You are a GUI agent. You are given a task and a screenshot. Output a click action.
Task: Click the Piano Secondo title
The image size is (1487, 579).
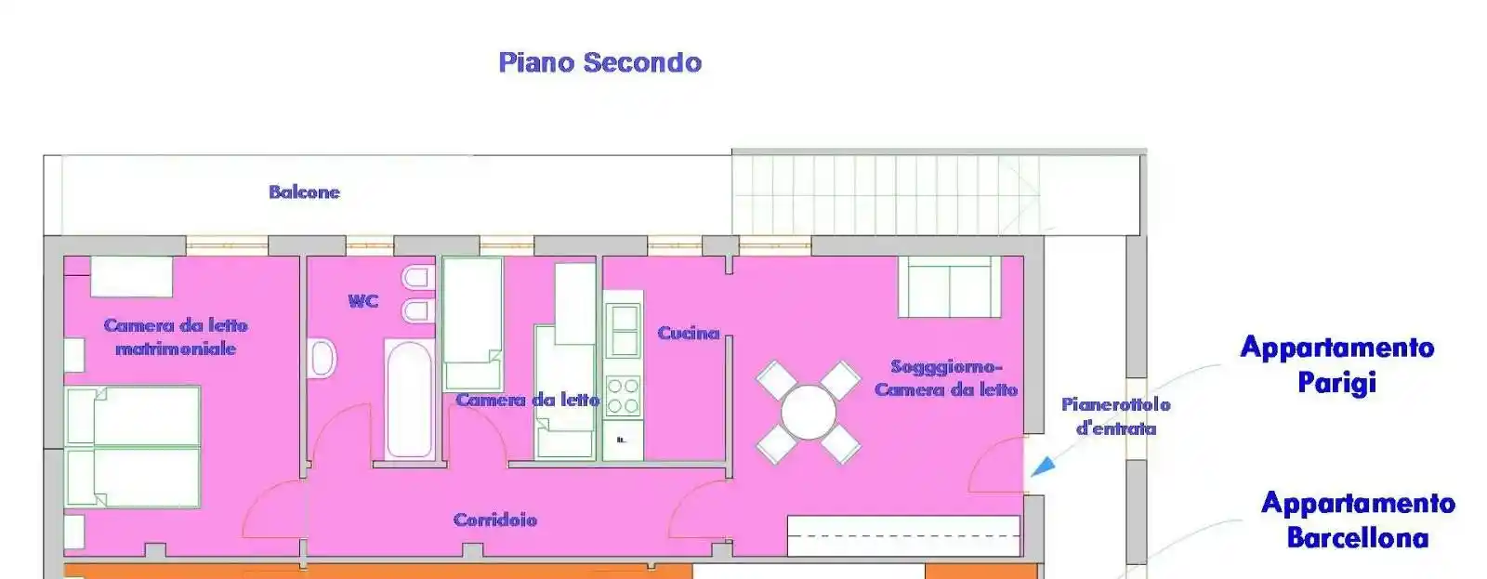click(x=600, y=62)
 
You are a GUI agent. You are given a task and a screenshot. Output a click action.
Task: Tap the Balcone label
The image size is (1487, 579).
click(x=304, y=191)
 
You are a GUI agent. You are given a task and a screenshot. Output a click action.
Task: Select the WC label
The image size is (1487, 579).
click(x=363, y=301)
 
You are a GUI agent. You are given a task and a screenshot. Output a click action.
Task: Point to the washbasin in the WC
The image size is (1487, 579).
click(x=323, y=359)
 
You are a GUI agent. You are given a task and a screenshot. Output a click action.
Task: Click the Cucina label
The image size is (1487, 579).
click(x=689, y=333)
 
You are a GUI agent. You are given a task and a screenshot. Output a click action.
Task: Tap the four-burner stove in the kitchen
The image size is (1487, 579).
click(x=623, y=396)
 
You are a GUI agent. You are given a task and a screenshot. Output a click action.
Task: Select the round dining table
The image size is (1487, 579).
click(x=808, y=413)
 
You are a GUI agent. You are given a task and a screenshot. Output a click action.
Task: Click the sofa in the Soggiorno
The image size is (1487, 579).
click(x=949, y=287)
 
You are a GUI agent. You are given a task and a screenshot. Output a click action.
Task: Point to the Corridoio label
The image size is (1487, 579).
click(x=495, y=520)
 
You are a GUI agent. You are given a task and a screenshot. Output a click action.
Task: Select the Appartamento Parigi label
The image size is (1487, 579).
click(x=1337, y=365)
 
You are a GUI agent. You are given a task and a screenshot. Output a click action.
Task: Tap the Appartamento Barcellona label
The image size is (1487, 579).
click(x=1358, y=520)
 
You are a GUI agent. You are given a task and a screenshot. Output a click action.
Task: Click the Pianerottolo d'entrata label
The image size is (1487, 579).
click(x=1116, y=416)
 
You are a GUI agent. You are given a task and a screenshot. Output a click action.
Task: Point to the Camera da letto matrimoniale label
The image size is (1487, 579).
click(x=176, y=336)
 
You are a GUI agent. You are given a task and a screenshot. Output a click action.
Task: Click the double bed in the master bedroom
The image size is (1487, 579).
click(x=134, y=447)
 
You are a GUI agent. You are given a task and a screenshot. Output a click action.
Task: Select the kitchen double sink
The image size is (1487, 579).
click(x=623, y=330)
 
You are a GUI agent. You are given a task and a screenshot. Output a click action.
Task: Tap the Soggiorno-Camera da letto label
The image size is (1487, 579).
click(x=946, y=378)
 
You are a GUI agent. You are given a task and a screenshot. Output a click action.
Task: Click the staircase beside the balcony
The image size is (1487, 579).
click(x=887, y=193)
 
